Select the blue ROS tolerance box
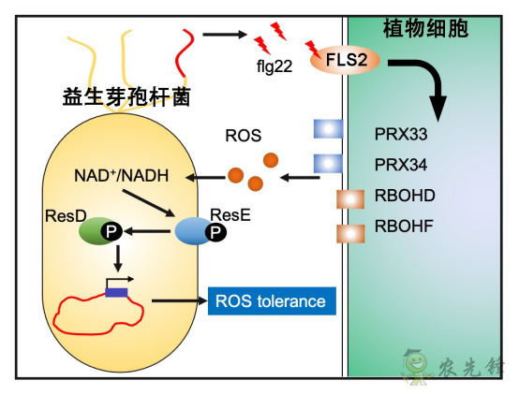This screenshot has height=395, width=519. click(270, 300)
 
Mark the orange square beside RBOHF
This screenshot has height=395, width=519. click(349, 231)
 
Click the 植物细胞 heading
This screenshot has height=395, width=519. click(426, 29)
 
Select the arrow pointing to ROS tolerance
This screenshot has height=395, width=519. click(175, 301)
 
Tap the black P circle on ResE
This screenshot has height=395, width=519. click(215, 233)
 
